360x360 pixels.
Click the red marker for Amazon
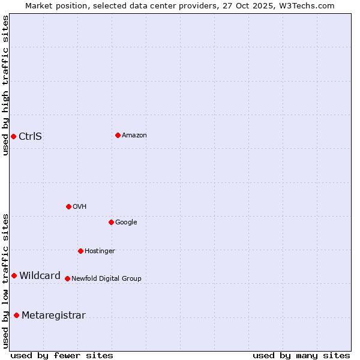point(118,135)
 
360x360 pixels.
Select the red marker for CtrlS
point(13,136)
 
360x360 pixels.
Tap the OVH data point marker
point(68,206)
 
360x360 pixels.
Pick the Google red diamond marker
point(111,222)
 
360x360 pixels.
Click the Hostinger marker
point(80,251)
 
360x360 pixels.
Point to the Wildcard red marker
point(14,275)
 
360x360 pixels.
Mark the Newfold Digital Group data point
point(67,278)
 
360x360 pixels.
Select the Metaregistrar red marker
point(16,315)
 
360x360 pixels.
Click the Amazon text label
point(134,136)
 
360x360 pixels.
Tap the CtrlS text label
point(31,136)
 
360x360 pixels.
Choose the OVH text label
point(80,207)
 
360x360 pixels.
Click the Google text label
point(126,223)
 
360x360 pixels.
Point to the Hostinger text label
point(100,251)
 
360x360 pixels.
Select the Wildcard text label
point(40,276)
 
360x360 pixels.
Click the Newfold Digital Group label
point(106,279)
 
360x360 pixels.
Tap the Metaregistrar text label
point(53,316)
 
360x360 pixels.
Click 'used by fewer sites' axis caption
point(62,356)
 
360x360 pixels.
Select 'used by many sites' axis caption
point(301,356)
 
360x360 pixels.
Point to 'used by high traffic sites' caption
point(5,85)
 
